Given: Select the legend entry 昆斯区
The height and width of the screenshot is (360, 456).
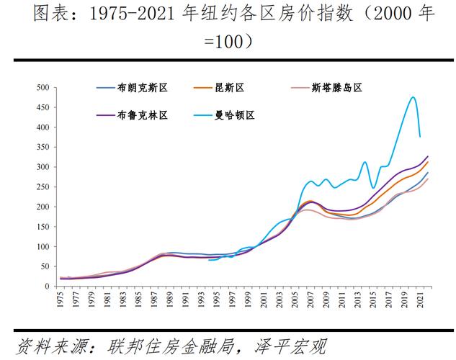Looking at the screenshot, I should [x=230, y=88].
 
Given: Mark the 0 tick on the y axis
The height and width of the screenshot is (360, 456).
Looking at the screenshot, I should [x=46, y=287].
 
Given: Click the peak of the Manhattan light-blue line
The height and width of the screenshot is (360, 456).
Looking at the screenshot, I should [x=413, y=97].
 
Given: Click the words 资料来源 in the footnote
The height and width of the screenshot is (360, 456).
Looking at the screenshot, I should [x=43, y=344].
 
